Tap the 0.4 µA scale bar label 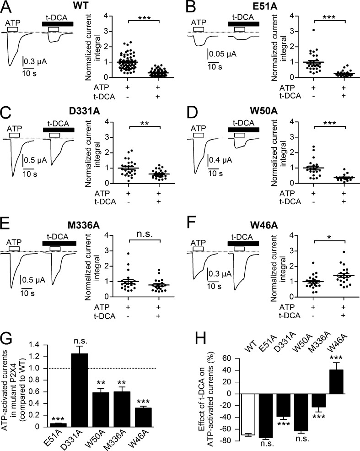[221, 161]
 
